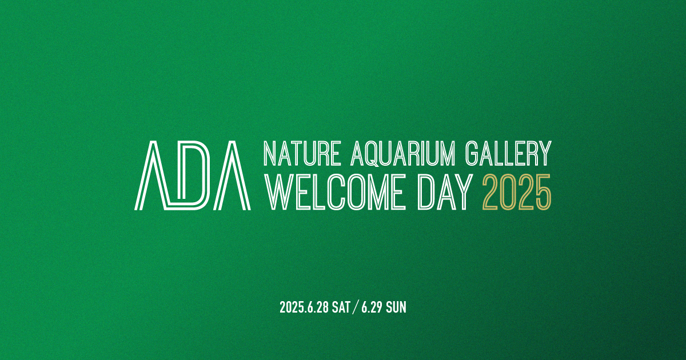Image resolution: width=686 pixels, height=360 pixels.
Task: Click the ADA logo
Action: click(x=192, y=175)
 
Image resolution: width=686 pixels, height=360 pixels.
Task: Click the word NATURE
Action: click(x=302, y=153)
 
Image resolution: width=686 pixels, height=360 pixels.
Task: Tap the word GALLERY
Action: click(x=508, y=153)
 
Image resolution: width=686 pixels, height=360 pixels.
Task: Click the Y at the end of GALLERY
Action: click(x=544, y=153)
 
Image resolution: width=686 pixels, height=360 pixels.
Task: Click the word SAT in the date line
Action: click(x=341, y=307)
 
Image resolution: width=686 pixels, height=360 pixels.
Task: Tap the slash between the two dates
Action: click(x=356, y=307)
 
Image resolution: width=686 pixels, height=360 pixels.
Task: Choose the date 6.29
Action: click(x=372, y=307)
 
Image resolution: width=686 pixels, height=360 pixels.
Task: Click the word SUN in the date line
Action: click(x=396, y=307)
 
